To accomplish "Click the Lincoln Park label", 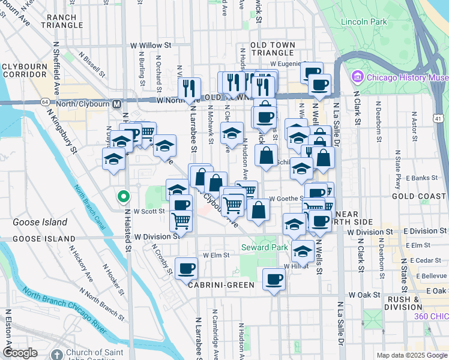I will click(x=363, y=22).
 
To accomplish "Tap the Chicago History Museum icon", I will click(x=358, y=77).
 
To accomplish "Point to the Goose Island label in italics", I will click(x=40, y=222).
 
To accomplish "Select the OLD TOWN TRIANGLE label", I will click(x=273, y=49).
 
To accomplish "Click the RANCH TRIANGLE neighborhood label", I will click(x=62, y=21).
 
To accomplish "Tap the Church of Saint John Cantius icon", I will click(x=57, y=354).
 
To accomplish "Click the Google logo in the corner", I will click(x=20, y=353).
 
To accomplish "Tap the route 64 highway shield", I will click(x=45, y=101).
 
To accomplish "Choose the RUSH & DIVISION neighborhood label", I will click(x=403, y=303).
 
